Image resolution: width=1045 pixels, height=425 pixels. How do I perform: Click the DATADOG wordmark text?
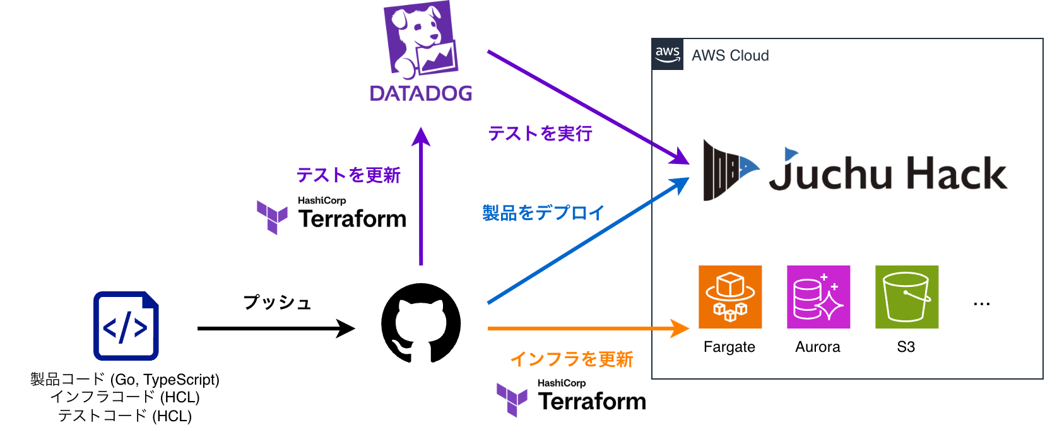pos(421,93)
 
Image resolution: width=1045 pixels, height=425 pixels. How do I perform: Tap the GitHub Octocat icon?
pos(421,323)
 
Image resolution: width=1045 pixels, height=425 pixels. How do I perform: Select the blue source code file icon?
pos(126,326)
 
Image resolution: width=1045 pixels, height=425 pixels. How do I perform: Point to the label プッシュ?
pos(278,303)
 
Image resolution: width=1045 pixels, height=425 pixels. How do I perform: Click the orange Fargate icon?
pos(730,297)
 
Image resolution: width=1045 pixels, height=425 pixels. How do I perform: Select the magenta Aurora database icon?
pos(818,297)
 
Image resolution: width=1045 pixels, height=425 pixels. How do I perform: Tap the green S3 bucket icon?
pos(907,297)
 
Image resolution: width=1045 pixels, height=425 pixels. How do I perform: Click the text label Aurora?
pos(818,347)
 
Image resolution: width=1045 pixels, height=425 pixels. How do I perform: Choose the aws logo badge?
pos(668,54)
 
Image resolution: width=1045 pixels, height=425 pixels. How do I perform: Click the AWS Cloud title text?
pos(730,55)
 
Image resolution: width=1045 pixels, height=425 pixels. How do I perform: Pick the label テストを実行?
pos(540,134)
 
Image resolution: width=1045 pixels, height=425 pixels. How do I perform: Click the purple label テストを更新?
pos(348,175)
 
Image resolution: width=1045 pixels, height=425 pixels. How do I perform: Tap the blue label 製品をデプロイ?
pos(543,213)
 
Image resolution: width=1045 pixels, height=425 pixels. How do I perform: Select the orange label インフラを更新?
pos(572,359)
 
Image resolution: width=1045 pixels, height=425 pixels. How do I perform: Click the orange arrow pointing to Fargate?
pos(587,329)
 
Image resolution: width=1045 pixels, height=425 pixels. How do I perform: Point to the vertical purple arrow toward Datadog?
pos(421,202)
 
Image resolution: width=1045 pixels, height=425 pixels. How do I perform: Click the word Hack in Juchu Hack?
pos(957,173)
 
